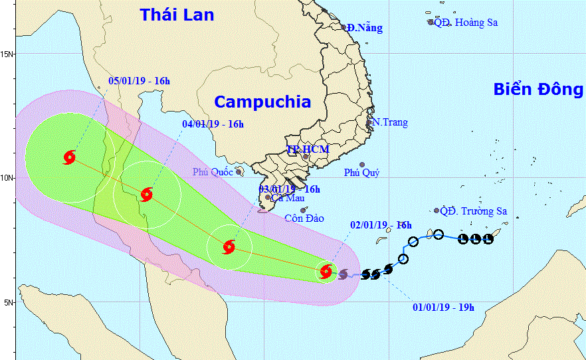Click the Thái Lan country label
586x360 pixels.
click(x=177, y=15)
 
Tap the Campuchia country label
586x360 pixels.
click(x=262, y=102)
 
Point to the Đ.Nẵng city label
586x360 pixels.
click(x=365, y=27)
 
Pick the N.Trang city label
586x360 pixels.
click(x=389, y=122)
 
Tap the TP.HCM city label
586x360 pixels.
click(x=308, y=149)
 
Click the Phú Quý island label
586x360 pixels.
click(x=361, y=173)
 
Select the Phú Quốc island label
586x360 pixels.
click(x=213, y=172)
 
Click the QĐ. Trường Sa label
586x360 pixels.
click(x=474, y=211)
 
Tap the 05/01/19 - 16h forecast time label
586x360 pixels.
click(x=139, y=81)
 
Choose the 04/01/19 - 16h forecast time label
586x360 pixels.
click(x=213, y=124)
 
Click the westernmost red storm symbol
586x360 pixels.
click(x=69, y=158)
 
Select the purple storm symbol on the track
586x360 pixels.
click(x=343, y=274)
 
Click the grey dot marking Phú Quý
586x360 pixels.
click(x=362, y=165)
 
